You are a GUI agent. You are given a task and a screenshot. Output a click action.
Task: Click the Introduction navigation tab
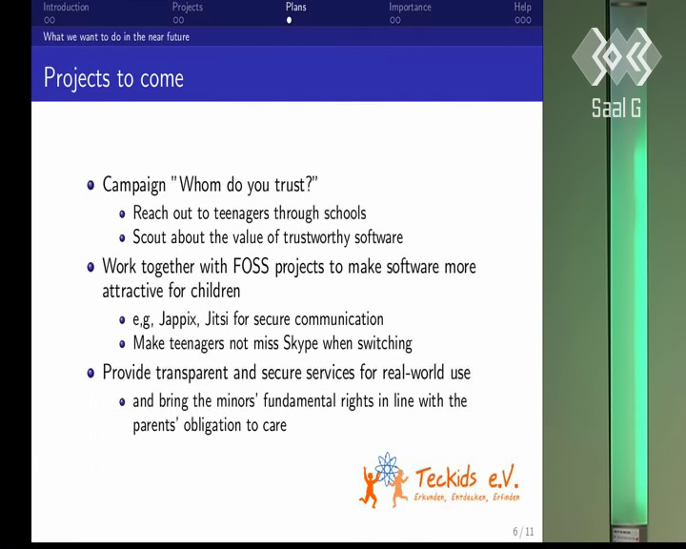click(x=66, y=8)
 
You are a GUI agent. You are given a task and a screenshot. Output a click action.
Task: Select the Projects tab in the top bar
click(x=188, y=8)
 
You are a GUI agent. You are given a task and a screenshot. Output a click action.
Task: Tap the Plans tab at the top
click(x=296, y=7)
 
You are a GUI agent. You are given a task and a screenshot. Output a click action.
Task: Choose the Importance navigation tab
click(x=410, y=8)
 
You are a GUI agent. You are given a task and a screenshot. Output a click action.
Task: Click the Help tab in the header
click(x=522, y=8)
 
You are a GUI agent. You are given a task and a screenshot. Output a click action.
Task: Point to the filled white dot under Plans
click(x=290, y=20)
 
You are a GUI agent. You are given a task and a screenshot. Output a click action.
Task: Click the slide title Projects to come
click(x=113, y=78)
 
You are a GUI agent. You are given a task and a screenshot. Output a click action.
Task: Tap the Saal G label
click(x=616, y=108)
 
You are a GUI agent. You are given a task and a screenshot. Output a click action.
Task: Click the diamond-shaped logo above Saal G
click(x=616, y=56)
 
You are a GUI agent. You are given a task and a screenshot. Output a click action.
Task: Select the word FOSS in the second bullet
click(x=251, y=266)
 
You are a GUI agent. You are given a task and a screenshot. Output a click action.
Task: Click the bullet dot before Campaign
click(x=91, y=185)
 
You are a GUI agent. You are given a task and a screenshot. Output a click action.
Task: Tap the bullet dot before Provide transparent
click(x=91, y=373)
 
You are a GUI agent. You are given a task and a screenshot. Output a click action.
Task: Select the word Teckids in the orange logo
click(x=445, y=478)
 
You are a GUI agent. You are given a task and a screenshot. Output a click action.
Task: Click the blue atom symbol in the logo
click(x=386, y=469)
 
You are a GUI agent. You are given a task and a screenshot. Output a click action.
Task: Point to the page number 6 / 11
click(x=523, y=532)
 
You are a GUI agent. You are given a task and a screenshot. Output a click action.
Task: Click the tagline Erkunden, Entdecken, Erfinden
click(x=467, y=497)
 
